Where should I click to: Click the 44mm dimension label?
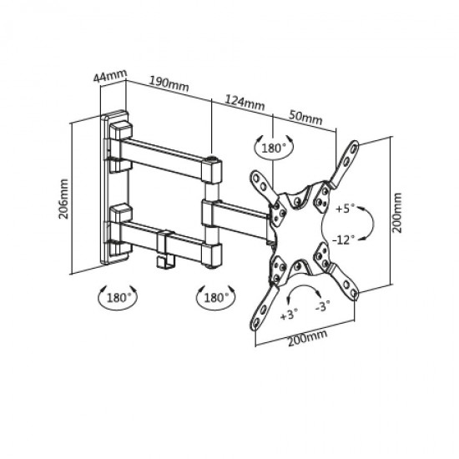click(x=110, y=76)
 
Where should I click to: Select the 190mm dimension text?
click(x=169, y=83)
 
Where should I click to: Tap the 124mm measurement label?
click(x=245, y=102)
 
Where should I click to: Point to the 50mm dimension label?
click(x=306, y=117)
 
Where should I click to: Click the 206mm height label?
click(x=63, y=199)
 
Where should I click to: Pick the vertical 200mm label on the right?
click(x=396, y=213)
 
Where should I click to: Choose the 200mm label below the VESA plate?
click(x=307, y=338)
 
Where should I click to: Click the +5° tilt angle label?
click(x=346, y=209)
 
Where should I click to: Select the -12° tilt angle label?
click(x=343, y=240)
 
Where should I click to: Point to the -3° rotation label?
click(x=323, y=306)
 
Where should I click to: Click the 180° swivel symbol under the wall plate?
click(x=117, y=297)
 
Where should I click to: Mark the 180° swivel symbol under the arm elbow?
click(x=215, y=297)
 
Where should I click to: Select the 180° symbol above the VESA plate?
click(x=274, y=147)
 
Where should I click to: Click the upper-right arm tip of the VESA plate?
click(x=355, y=145)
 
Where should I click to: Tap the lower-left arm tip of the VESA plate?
click(x=255, y=325)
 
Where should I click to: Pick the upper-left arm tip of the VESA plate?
click(x=255, y=175)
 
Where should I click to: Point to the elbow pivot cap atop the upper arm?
click(x=211, y=159)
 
